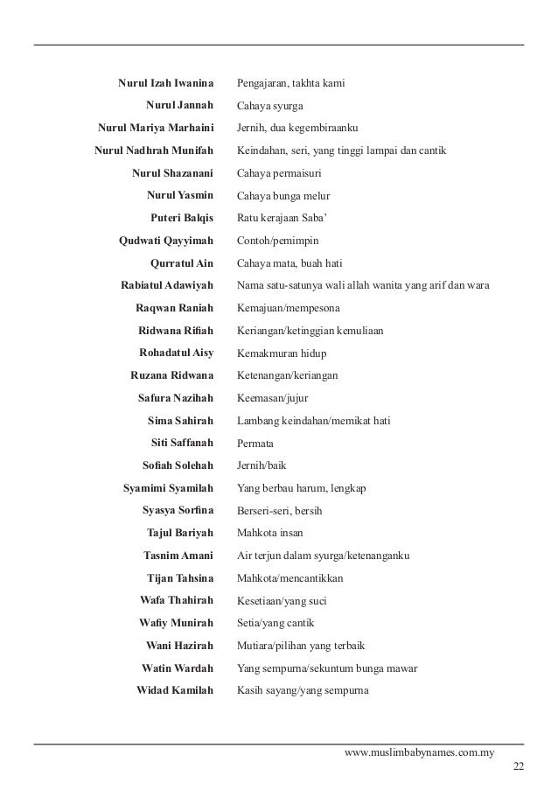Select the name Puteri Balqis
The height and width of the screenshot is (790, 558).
click(182, 218)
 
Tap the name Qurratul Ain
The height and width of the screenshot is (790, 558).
click(182, 263)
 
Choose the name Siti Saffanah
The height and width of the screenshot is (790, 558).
click(182, 443)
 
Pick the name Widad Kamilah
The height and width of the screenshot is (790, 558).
click(175, 690)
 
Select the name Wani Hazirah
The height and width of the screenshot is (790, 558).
click(179, 646)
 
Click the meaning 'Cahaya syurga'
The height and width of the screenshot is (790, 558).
click(270, 106)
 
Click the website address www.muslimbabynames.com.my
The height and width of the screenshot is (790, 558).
click(420, 752)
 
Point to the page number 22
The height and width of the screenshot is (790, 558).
click(519, 767)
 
